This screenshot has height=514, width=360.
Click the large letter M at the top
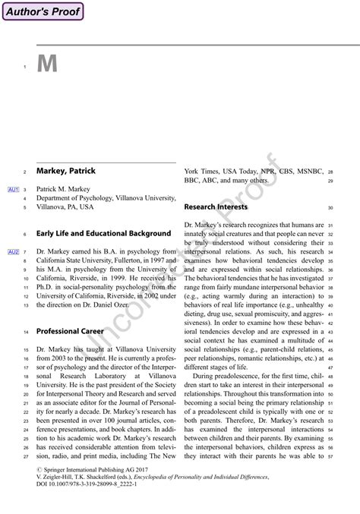click(47, 65)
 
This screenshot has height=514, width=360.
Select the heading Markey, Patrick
click(66, 172)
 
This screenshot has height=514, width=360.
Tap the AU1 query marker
click(13, 189)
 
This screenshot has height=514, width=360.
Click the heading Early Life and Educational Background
click(104, 234)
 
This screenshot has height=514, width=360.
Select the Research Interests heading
click(216, 207)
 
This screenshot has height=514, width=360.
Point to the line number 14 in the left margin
click(26, 333)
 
